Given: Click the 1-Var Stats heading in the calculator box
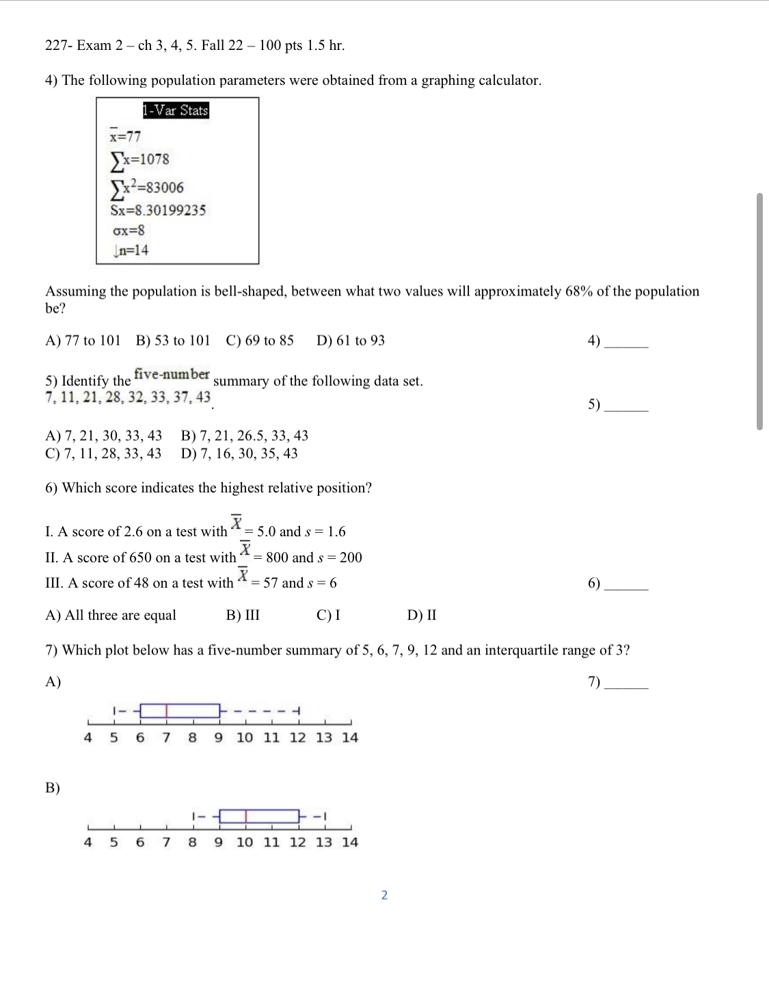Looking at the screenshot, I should (176, 110).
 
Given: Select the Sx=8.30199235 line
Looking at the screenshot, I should (158, 210).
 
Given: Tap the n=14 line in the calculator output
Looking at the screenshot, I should (132, 250).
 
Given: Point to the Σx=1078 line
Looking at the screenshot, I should (140, 159).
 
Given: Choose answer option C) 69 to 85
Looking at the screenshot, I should (260, 341).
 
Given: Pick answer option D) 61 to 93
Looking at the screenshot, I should (351, 341).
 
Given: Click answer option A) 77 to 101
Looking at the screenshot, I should (83, 341).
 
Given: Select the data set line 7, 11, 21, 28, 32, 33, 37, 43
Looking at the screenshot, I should (128, 397).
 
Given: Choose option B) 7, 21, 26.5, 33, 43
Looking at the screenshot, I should (245, 436).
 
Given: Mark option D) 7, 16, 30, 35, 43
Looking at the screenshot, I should (239, 454).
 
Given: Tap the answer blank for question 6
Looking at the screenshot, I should (626, 585).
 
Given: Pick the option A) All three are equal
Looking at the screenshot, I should (111, 616).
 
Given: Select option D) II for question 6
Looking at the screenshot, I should (422, 616).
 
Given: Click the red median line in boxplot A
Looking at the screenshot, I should (167, 711).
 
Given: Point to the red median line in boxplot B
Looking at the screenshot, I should (246, 816).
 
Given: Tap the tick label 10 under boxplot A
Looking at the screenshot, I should (245, 737).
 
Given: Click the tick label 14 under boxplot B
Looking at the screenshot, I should (350, 842).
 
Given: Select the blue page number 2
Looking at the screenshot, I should (384, 895).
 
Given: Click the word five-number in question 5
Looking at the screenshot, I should (172, 374).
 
